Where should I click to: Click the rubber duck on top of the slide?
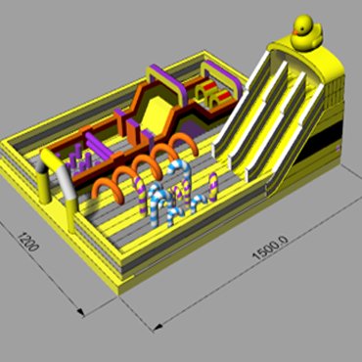306,32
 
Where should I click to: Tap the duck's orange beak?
295,32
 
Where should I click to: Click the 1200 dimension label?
28,242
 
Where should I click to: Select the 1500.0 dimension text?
270,248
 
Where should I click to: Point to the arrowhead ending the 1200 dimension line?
80,312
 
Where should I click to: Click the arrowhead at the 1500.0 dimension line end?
158,327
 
